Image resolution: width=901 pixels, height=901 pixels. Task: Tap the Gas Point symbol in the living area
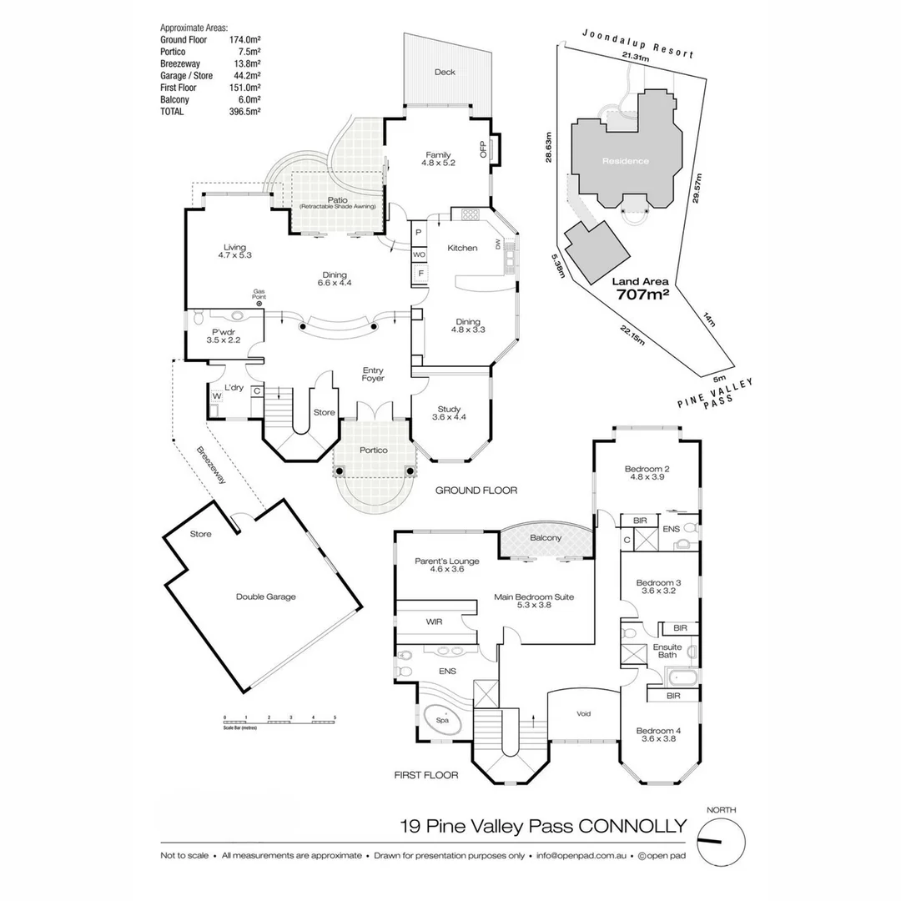[259, 303]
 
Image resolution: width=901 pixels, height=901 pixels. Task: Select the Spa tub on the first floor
[443, 718]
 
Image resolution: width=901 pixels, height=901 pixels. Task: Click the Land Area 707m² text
[643, 289]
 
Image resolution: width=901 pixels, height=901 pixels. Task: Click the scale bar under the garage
[279, 719]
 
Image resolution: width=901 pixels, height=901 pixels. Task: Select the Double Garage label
[265, 596]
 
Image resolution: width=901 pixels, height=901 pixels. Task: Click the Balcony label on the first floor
[546, 538]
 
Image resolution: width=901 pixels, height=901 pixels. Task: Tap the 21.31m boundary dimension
[636, 57]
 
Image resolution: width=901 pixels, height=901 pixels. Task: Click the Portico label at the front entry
[374, 450]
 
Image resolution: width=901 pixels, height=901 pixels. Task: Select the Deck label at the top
[445, 73]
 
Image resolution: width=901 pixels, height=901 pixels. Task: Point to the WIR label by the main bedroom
[434, 622]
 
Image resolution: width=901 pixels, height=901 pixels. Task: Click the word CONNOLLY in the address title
[633, 826]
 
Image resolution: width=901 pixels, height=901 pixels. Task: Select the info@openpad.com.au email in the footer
[582, 855]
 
